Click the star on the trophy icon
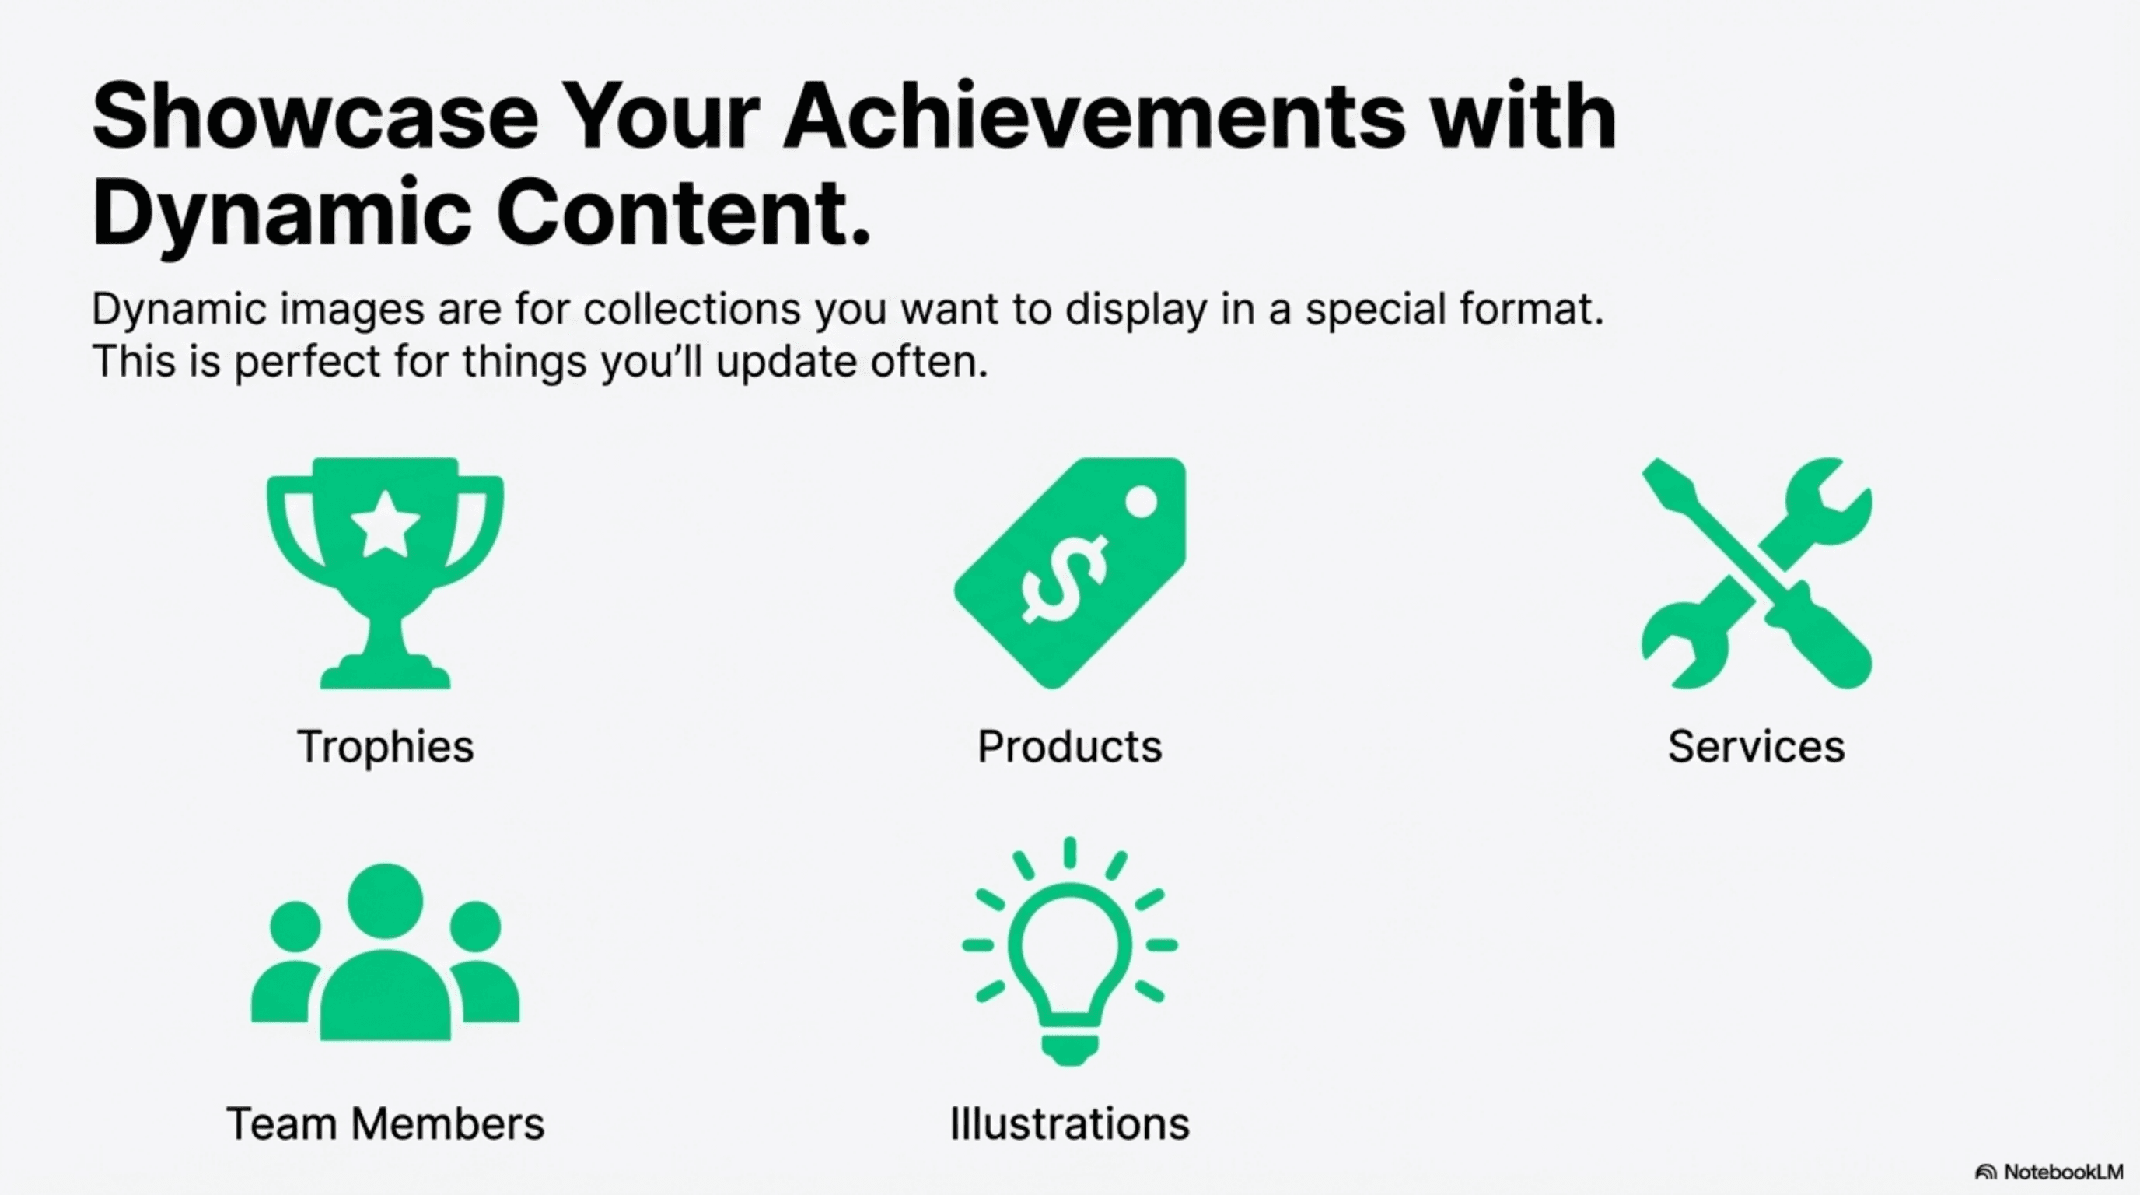click(x=385, y=524)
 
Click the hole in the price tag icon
click(x=1141, y=502)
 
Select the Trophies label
click(x=386, y=746)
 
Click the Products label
click(x=1069, y=746)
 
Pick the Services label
click(x=1756, y=746)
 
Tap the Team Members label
click(x=386, y=1123)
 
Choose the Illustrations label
click(x=1069, y=1123)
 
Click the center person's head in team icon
click(x=385, y=901)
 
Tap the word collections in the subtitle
click(x=692, y=309)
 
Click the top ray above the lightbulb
click(x=1070, y=853)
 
